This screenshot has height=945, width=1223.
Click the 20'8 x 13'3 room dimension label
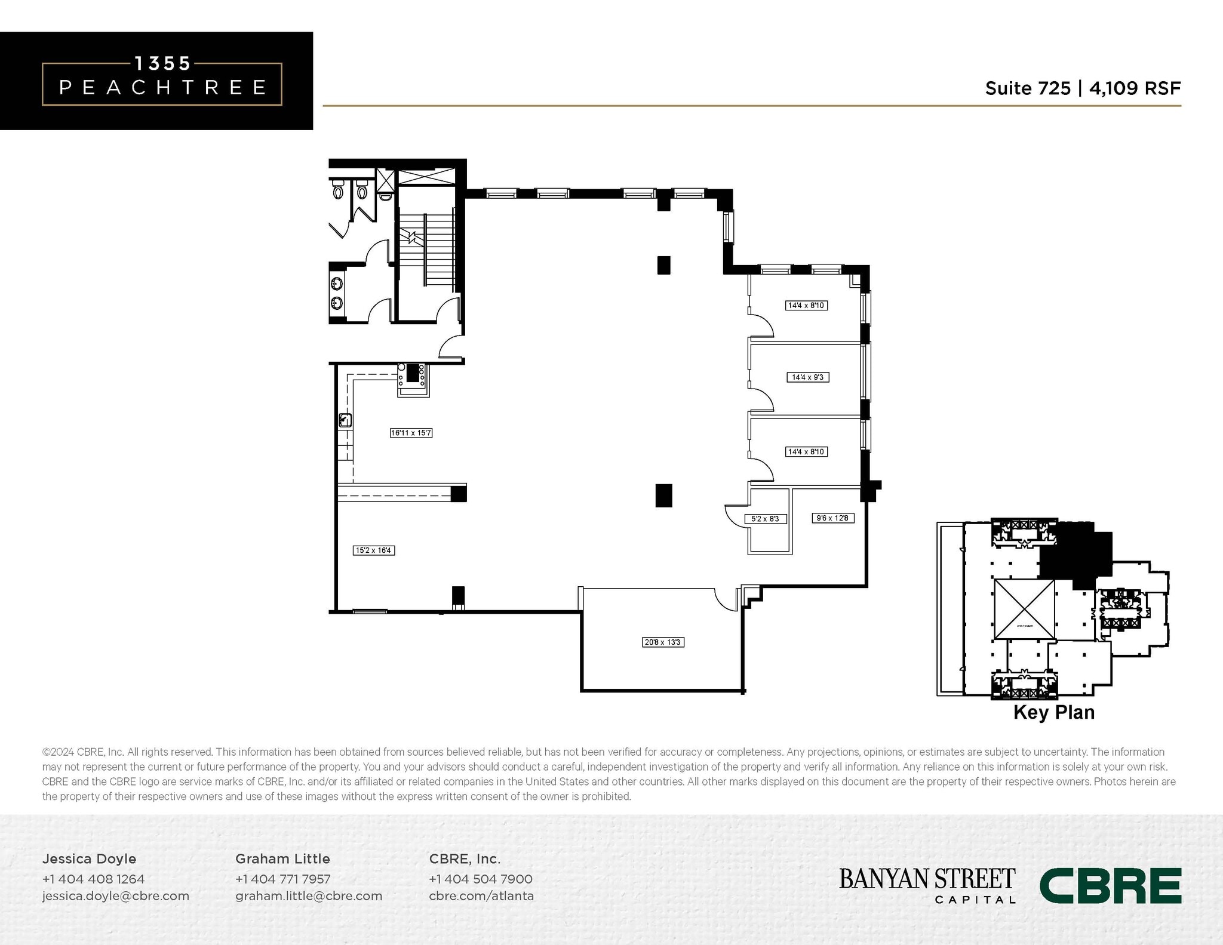point(663,642)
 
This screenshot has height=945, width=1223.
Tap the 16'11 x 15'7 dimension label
point(411,433)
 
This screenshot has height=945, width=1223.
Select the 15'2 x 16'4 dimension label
point(374,550)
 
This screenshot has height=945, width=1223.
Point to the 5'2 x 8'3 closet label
point(765,519)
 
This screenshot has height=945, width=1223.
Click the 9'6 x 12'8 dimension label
point(832,518)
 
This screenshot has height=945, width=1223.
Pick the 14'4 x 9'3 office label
point(808,377)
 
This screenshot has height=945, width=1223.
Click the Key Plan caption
point(1054,712)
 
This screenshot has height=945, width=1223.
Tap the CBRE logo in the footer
point(1110,886)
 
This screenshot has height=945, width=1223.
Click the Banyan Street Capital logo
point(927,885)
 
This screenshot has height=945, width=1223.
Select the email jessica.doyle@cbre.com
point(115,896)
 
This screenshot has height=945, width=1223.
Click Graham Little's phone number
point(282,879)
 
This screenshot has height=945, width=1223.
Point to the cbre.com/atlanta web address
point(481,896)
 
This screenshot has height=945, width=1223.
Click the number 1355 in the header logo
point(162,63)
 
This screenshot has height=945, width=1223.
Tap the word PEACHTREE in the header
point(162,88)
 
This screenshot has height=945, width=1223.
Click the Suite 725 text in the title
point(1028,88)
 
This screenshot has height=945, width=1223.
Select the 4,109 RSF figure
point(1135,88)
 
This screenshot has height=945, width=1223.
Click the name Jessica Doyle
point(89,858)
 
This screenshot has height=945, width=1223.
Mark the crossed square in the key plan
point(1024,610)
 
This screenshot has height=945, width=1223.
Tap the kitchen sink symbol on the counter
point(345,420)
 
